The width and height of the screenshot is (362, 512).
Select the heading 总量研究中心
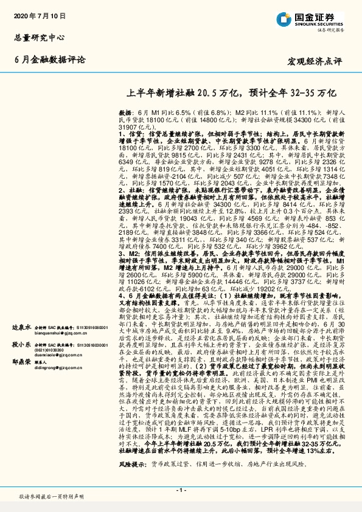click(x=39, y=38)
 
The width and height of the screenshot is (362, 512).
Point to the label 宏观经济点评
click(x=316, y=61)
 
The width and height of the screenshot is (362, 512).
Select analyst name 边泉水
click(x=21, y=327)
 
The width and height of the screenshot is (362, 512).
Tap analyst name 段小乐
click(x=21, y=344)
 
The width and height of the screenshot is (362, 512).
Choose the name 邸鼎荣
click(x=21, y=361)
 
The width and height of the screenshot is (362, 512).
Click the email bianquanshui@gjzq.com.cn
click(x=58, y=333)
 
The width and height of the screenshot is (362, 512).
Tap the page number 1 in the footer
click(x=181, y=490)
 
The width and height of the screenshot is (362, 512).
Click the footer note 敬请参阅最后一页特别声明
click(x=51, y=496)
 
